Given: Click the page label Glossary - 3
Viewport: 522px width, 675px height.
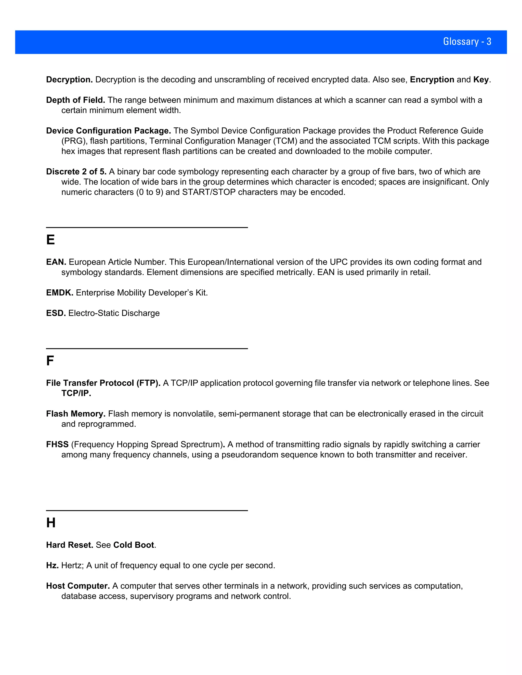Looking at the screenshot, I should click(x=467, y=42).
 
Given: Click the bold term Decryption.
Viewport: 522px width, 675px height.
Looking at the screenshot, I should click(x=69, y=80).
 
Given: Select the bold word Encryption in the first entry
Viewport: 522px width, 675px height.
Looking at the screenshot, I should click(x=432, y=80).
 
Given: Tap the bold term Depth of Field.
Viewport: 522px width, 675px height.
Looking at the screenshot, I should click(x=75, y=100).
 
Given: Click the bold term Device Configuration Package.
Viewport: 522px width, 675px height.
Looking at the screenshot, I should click(x=108, y=131).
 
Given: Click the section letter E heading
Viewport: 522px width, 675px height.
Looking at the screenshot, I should click(x=50, y=240).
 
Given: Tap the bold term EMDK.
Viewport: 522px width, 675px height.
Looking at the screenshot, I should click(x=60, y=293).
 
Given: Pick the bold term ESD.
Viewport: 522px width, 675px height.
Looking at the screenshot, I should click(x=56, y=313).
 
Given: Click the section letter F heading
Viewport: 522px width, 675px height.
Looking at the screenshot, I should click(x=50, y=361).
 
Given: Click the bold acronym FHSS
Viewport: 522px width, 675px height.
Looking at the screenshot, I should click(x=57, y=444).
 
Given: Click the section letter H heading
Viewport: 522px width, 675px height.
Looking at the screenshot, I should click(x=51, y=523).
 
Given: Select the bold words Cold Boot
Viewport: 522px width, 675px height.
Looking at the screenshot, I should click(x=134, y=545).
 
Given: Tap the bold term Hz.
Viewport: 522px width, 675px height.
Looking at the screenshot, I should click(x=52, y=565).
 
